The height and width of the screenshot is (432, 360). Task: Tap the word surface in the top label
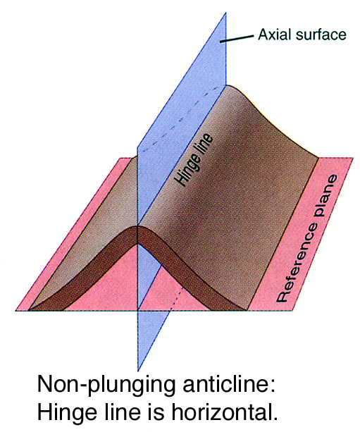coord(318,35)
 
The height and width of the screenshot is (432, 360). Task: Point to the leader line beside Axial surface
coord(236,39)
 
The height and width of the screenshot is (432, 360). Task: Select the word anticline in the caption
coord(228,383)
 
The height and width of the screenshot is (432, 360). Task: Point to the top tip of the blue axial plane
coord(226,12)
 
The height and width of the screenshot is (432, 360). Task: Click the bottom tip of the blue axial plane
coord(137,371)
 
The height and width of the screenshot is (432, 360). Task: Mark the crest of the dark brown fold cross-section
coord(137,226)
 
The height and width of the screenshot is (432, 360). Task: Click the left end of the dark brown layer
coord(29,310)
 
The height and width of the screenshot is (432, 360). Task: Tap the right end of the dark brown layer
coord(247,310)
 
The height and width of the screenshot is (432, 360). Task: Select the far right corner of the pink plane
coord(353,158)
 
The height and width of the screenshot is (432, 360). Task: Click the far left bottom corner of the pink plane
coord(15,311)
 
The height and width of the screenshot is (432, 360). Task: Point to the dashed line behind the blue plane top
coord(182,118)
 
